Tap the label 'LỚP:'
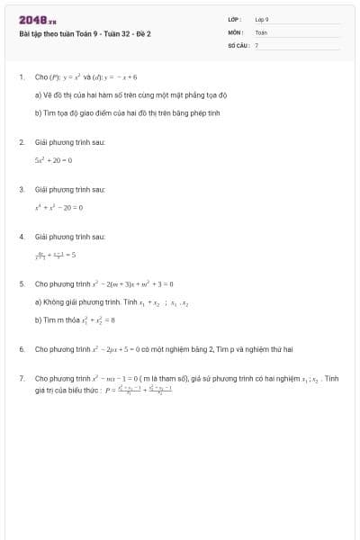coord(235,19)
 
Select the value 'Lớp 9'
coord(262,19)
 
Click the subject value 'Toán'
coord(261,31)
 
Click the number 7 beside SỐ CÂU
coord(256,44)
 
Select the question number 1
coord(21,77)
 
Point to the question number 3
coord(21,190)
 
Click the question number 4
coord(21,236)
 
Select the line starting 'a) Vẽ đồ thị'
coord(130,94)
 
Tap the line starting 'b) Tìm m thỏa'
coord(75,319)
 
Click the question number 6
coord(21,347)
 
